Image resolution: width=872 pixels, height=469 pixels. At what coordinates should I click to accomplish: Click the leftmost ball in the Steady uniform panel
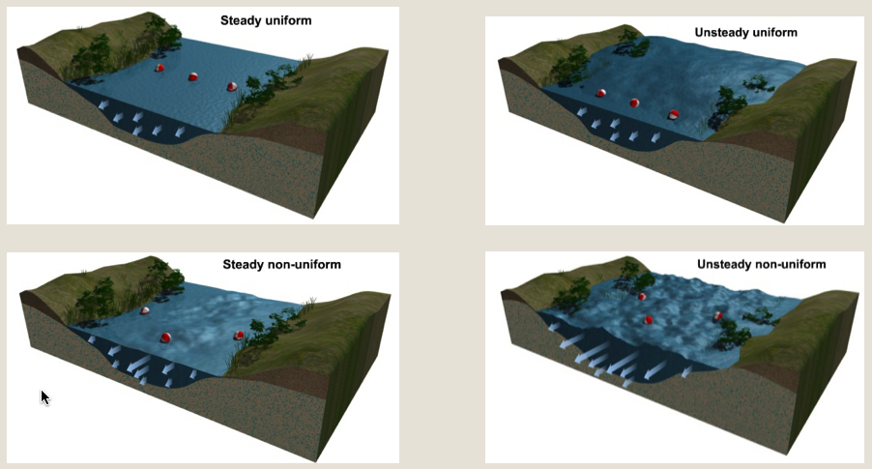pyautogui.click(x=160, y=68)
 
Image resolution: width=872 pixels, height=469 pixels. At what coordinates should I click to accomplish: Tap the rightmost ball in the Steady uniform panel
pyautogui.click(x=232, y=87)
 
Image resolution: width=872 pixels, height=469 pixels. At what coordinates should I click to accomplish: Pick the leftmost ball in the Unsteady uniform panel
pyautogui.click(x=601, y=94)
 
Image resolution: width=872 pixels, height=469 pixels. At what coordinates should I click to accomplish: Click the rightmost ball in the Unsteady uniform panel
pyautogui.click(x=674, y=115)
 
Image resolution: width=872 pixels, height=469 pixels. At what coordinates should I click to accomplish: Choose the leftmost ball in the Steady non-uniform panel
pyautogui.click(x=145, y=310)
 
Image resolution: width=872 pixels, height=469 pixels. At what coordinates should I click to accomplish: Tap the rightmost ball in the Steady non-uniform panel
pyautogui.click(x=239, y=336)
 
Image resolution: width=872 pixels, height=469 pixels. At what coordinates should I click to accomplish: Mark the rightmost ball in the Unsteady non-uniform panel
pyautogui.click(x=717, y=315)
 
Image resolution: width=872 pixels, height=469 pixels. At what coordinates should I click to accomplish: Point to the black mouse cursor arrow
pyautogui.click(x=44, y=396)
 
